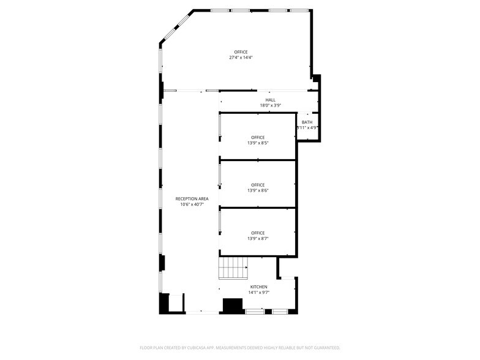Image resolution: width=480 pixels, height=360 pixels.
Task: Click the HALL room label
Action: pos(270,100)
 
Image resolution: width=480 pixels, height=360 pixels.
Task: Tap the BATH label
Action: pos(307,122)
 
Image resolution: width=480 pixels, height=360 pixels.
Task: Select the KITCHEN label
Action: pos(258,287)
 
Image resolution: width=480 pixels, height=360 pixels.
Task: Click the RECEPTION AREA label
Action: pos(192,199)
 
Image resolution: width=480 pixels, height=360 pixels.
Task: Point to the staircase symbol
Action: pos(233,267)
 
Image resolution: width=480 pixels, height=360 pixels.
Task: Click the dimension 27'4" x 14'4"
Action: pos(241,58)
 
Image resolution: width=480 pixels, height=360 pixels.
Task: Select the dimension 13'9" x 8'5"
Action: pos(258,143)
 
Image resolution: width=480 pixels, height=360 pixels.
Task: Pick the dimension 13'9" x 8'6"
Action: pos(258,190)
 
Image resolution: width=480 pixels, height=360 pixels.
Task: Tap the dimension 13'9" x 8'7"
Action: pos(258,238)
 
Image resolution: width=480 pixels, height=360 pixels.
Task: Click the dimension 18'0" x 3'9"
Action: pos(270,105)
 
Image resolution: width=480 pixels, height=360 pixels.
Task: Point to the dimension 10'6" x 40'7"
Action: pos(192,204)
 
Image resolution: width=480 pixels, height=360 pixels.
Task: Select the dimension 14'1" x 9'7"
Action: pos(258,293)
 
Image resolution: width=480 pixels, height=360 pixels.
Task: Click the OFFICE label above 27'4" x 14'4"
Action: pos(241,52)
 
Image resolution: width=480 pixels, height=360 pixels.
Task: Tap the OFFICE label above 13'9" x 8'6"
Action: pos(258,185)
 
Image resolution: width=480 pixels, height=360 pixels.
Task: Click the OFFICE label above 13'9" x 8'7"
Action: pos(258,233)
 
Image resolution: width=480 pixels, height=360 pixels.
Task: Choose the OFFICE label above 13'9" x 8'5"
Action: pos(258,137)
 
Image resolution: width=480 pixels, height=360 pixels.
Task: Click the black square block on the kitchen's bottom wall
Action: pos(233,306)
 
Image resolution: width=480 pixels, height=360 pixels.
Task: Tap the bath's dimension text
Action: pos(307,128)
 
